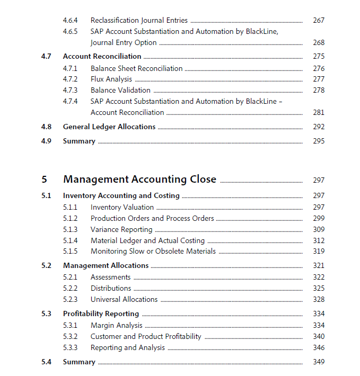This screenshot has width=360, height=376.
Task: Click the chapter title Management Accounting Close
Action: pyautogui.click(x=139, y=180)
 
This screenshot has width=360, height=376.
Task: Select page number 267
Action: pyautogui.click(x=318, y=20)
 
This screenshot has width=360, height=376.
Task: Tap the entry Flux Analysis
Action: pyautogui.click(x=111, y=79)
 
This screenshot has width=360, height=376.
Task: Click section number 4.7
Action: pyautogui.click(x=46, y=56)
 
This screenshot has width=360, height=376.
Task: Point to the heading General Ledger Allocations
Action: pyautogui.click(x=109, y=127)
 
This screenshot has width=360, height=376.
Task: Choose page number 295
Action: pyautogui.click(x=318, y=141)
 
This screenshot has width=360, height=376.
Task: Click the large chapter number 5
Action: pyautogui.click(x=45, y=180)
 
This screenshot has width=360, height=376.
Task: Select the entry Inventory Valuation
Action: pyautogui.click(x=122, y=207)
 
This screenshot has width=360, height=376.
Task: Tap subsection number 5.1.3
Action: pyautogui.click(x=70, y=229)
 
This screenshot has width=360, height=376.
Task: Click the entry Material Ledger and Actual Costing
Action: pyautogui.click(x=147, y=240)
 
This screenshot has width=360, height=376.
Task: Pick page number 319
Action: pyautogui.click(x=318, y=252)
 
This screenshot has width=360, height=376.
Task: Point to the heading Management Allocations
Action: pyautogui.click(x=106, y=265)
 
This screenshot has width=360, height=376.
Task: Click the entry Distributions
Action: pyautogui.click(x=111, y=288)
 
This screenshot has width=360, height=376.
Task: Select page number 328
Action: pyautogui.click(x=318, y=299)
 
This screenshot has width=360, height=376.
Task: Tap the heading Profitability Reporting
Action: pyautogui.click(x=101, y=314)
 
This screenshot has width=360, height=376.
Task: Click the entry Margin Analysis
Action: pyautogui.click(x=116, y=325)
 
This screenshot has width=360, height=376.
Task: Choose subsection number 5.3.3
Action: pyautogui.click(x=70, y=347)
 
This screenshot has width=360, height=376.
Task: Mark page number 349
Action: pyautogui.click(x=318, y=362)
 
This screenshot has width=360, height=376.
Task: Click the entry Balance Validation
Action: pyautogui.click(x=120, y=90)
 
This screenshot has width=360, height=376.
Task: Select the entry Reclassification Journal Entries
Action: pyautogui.click(x=139, y=20)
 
